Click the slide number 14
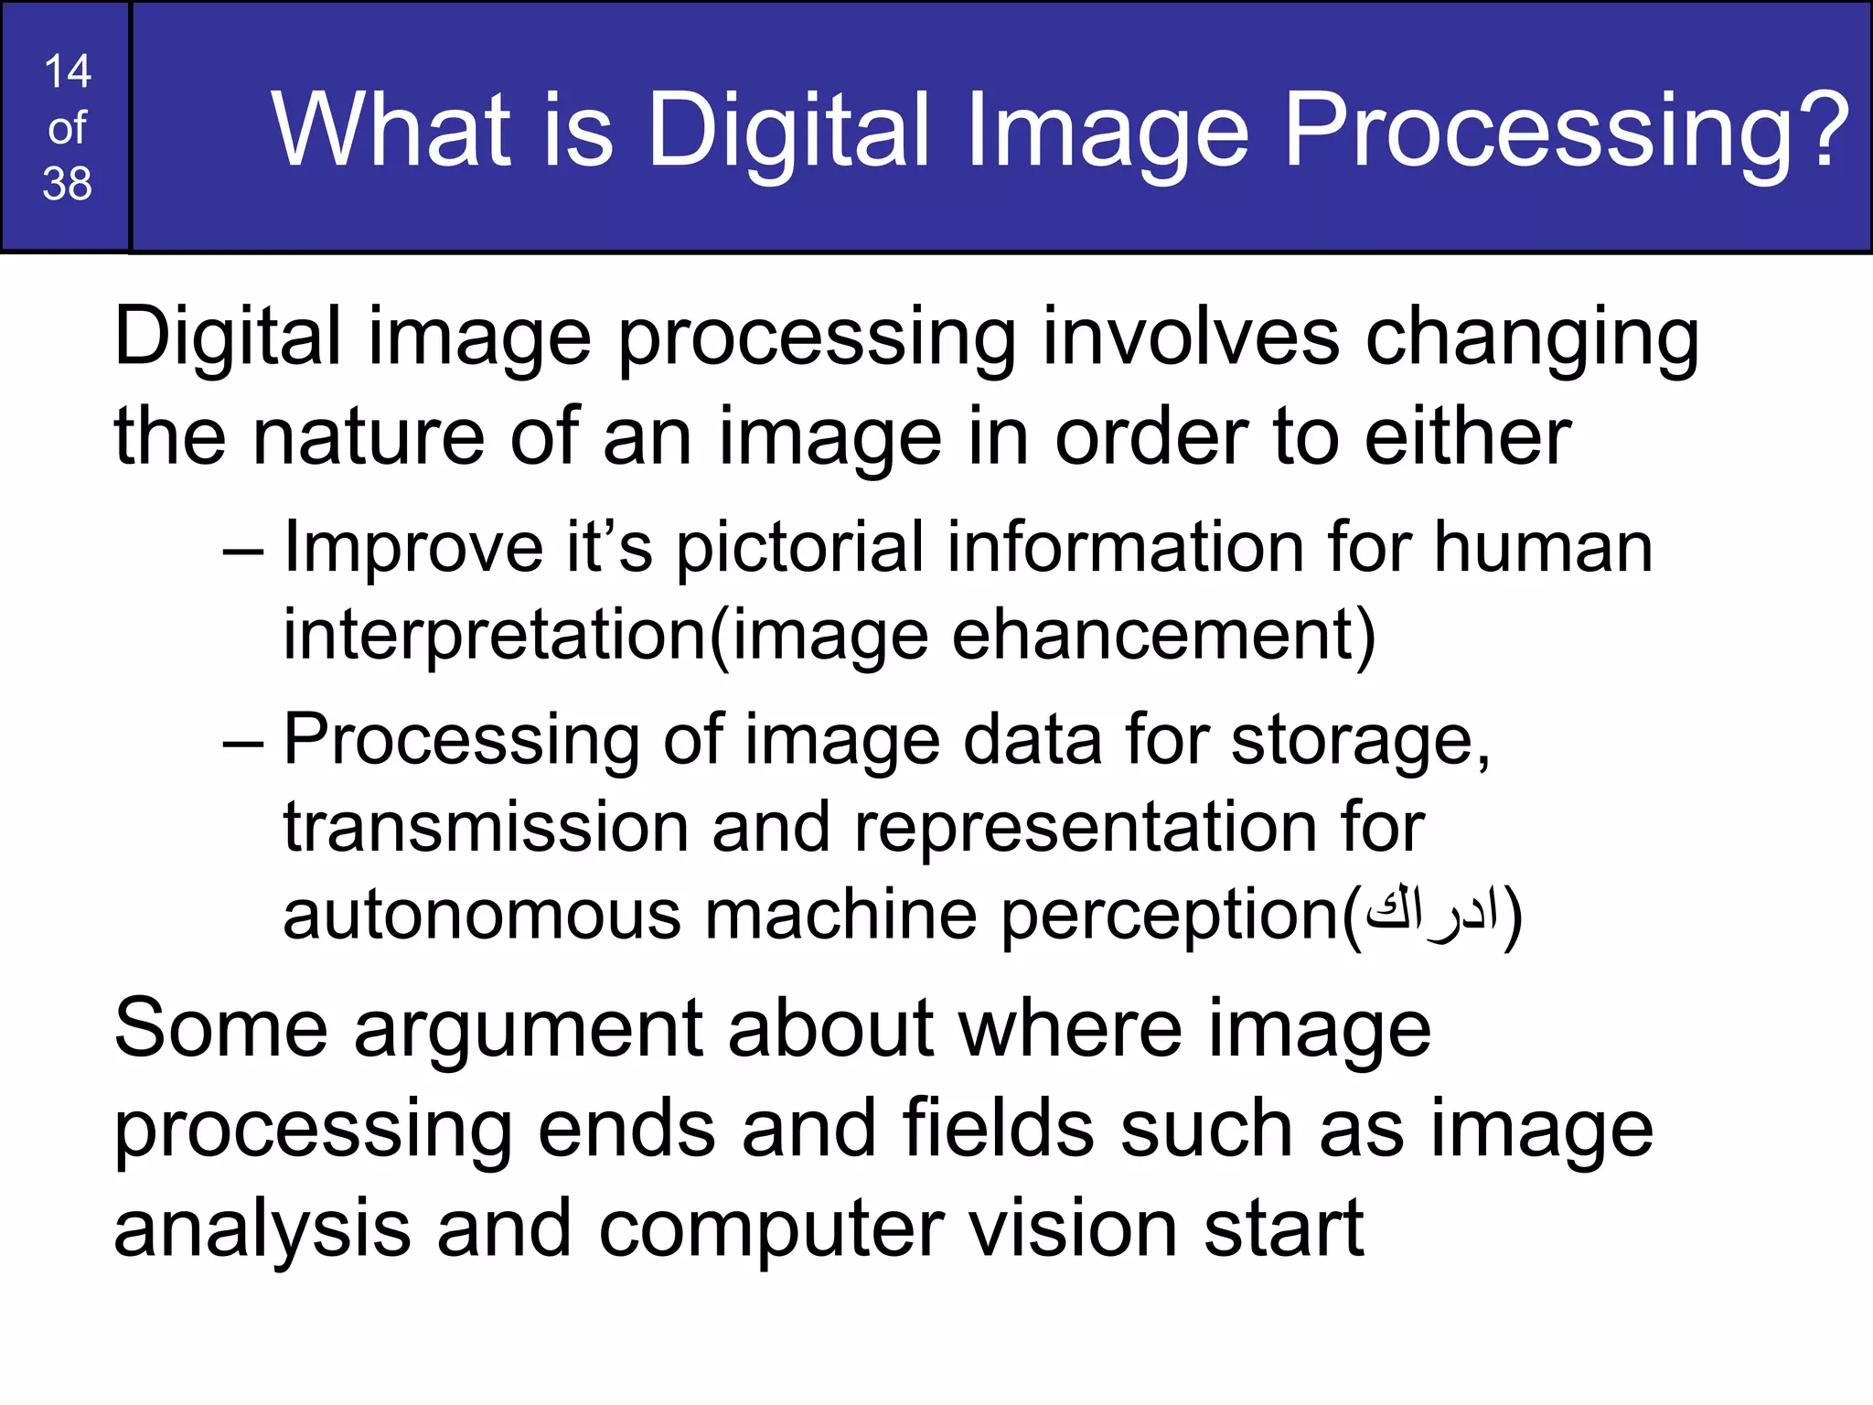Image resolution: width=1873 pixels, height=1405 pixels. click(67, 71)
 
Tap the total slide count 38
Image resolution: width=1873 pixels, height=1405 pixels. click(67, 184)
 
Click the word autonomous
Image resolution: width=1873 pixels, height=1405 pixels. click(482, 915)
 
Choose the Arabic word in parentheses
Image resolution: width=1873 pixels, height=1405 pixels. click(1431, 914)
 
